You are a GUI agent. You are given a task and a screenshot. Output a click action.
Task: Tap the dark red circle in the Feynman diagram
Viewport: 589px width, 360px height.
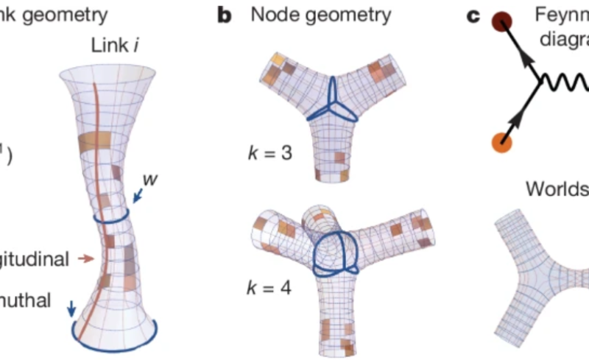503,23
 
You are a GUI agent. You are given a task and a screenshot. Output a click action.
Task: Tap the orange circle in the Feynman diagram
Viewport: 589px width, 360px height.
501,139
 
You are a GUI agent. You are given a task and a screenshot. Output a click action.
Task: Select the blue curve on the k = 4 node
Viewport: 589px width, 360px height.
335,254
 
